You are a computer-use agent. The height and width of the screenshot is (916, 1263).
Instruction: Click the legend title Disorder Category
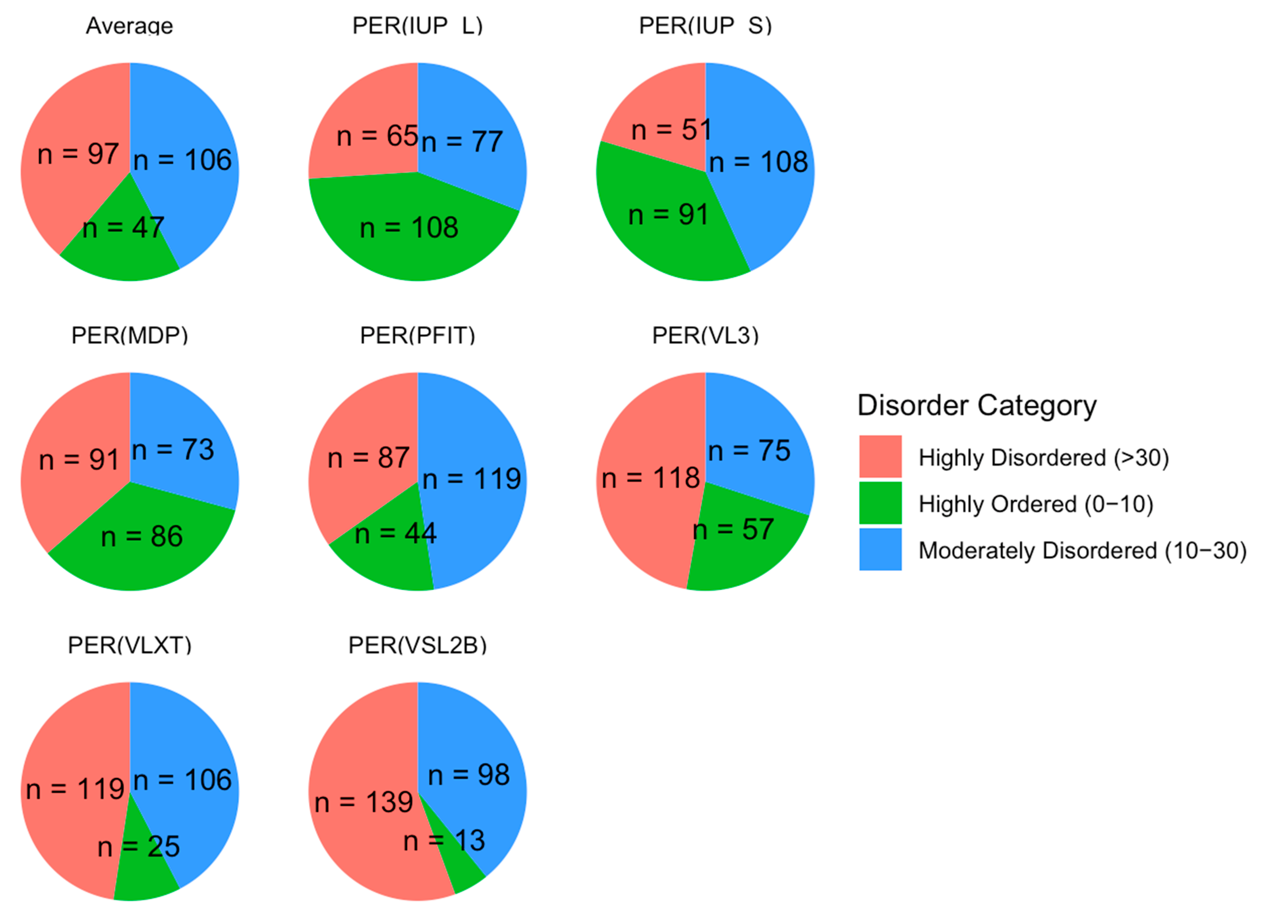(977, 405)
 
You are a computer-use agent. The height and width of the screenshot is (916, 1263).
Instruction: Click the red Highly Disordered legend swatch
(880, 457)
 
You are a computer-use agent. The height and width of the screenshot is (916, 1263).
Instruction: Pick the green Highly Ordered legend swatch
(880, 503)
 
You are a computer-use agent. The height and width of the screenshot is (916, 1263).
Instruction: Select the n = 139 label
(364, 802)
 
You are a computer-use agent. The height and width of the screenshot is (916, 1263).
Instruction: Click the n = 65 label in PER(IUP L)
(377, 136)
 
